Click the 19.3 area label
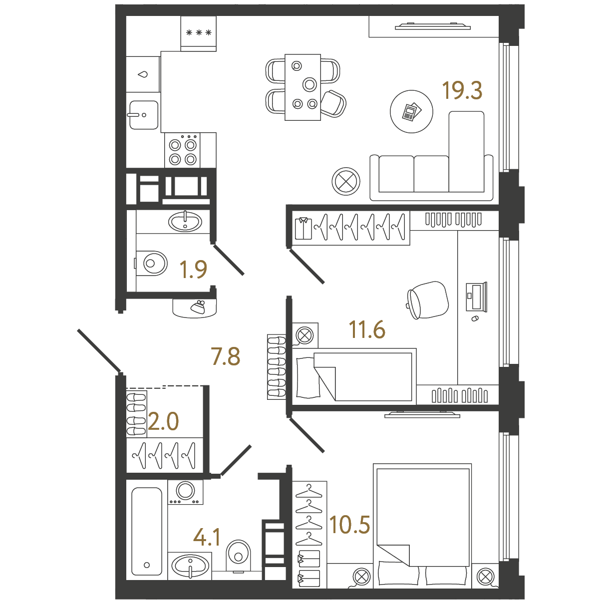pyautogui.click(x=462, y=90)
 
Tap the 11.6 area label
pyautogui.click(x=367, y=329)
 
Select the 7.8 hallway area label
pyautogui.click(x=226, y=356)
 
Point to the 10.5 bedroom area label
pyautogui.click(x=349, y=524)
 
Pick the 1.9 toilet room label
pyautogui.click(x=193, y=269)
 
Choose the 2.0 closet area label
pyautogui.click(x=163, y=421)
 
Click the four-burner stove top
pyautogui.click(x=182, y=151)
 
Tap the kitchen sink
pyautogui.click(x=144, y=115)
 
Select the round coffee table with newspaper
pyautogui.click(x=411, y=111)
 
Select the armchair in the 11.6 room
pyautogui.click(x=428, y=300)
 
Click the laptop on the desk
pyautogui.click(x=476, y=297)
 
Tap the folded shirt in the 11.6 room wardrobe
pyautogui.click(x=303, y=229)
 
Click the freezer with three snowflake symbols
pyautogui.click(x=198, y=33)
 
